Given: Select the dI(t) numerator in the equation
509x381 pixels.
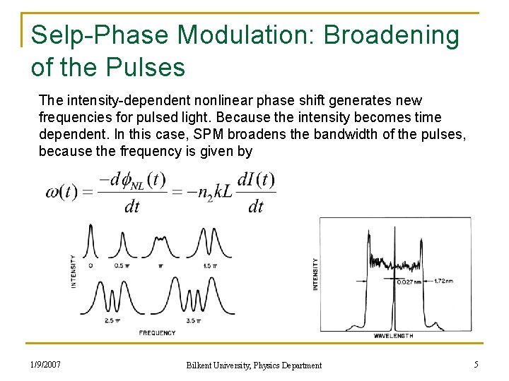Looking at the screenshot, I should (x=256, y=180).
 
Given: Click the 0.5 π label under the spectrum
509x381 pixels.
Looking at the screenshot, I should (x=122, y=266).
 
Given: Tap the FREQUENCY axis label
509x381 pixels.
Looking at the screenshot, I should (x=157, y=332).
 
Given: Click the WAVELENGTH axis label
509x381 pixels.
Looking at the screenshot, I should (x=393, y=336).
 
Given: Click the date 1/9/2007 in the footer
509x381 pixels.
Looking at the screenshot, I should (x=45, y=365).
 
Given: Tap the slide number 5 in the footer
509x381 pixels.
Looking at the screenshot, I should (x=476, y=365).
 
